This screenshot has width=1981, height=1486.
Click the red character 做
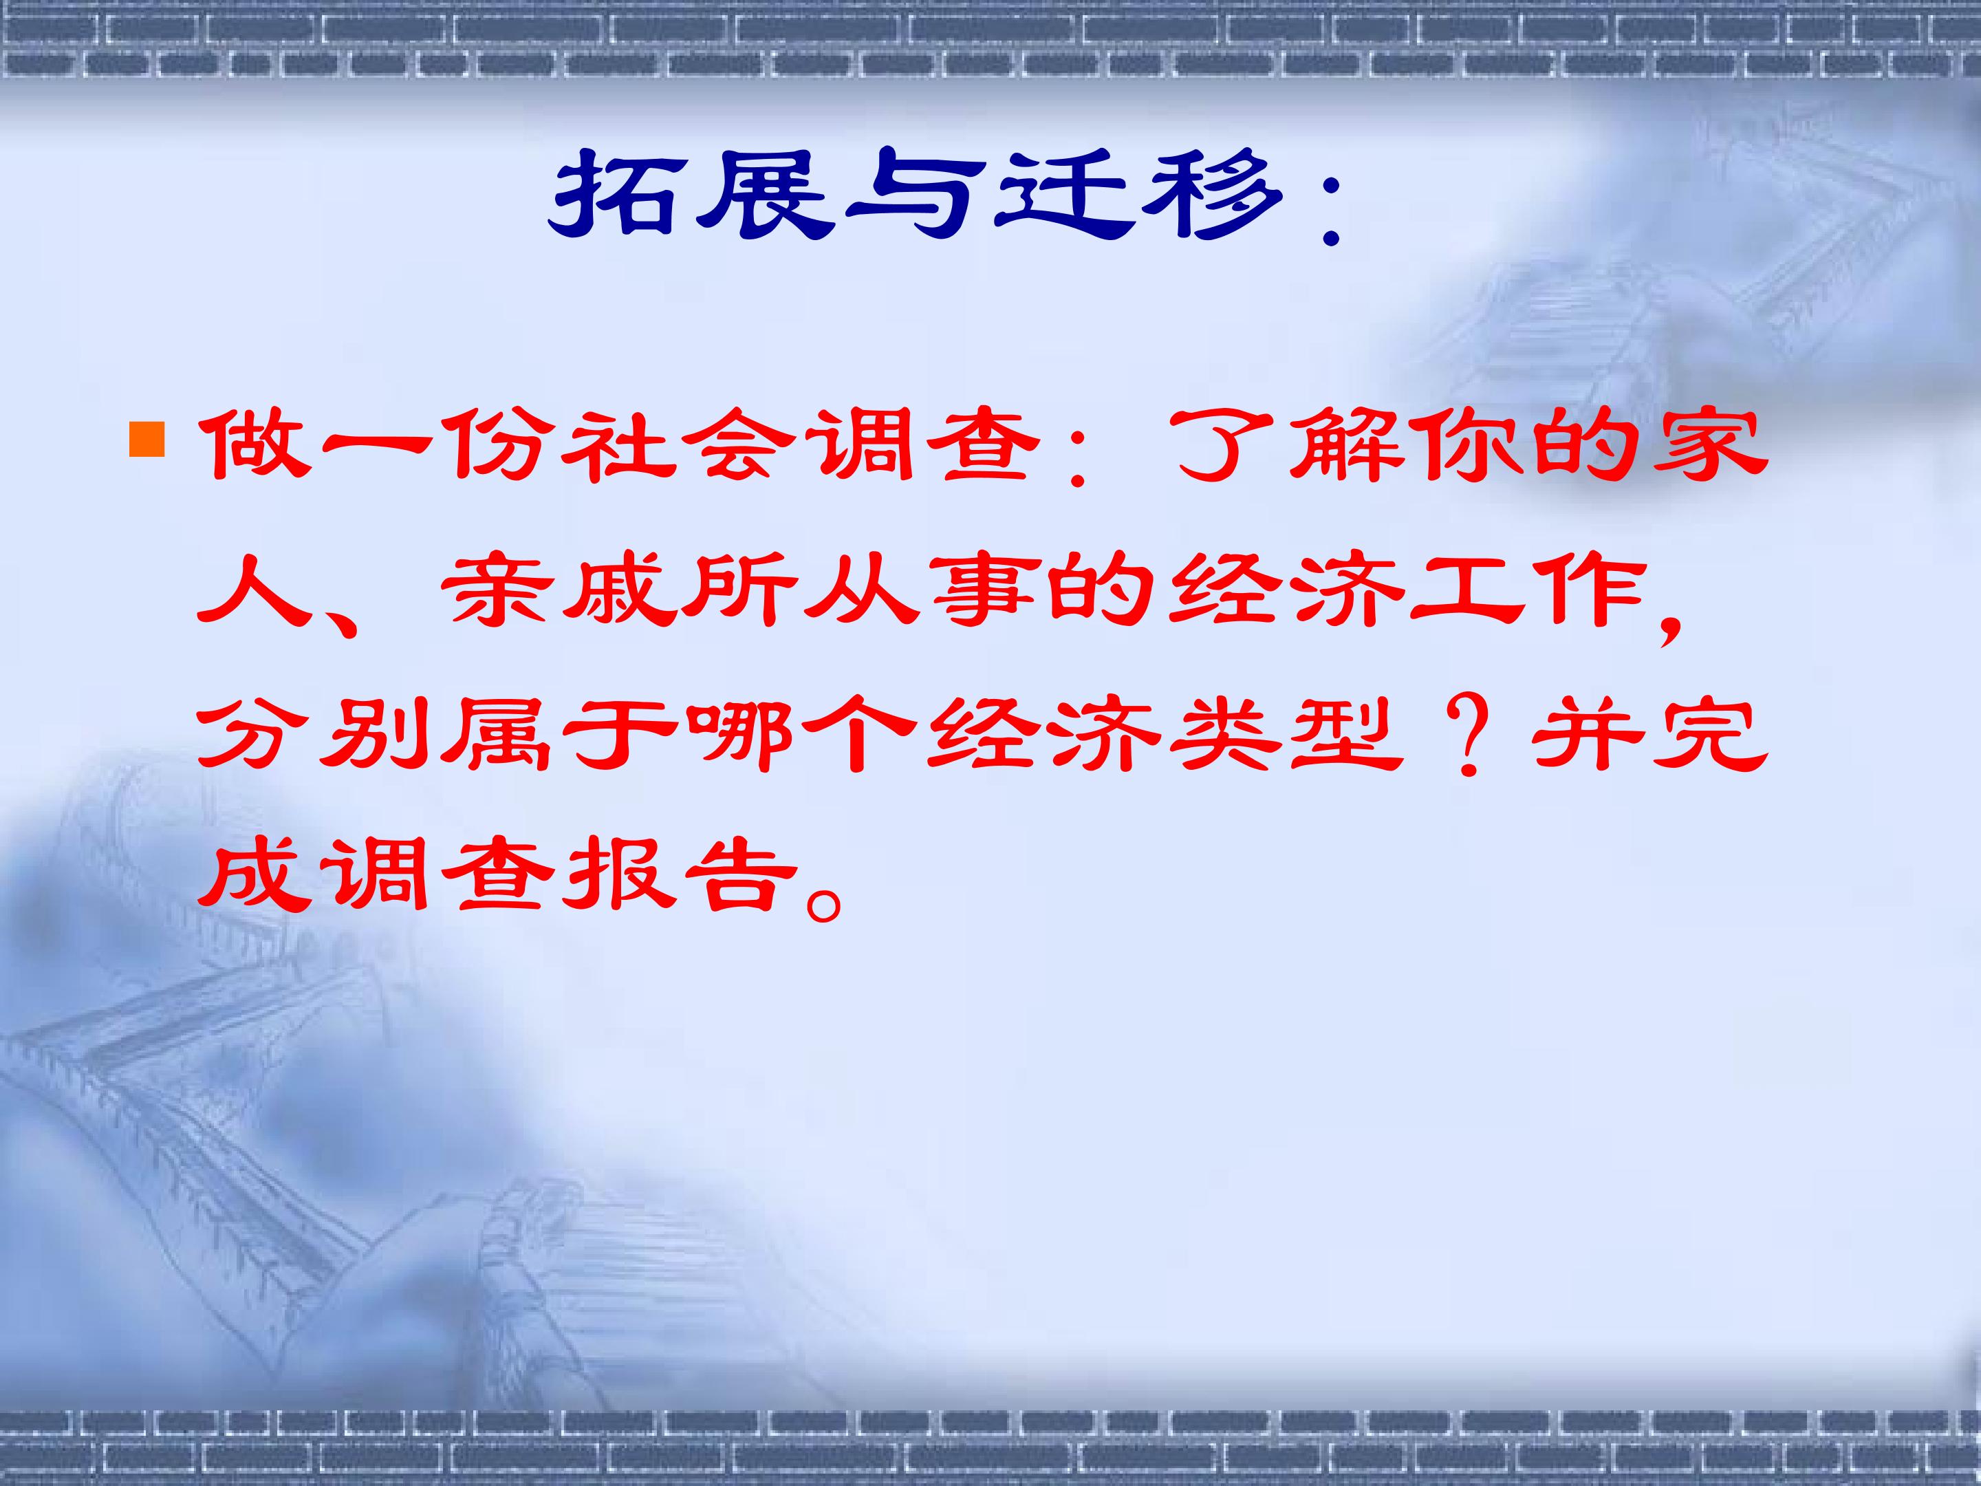coord(246,445)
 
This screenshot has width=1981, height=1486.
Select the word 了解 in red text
coord(1282,445)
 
